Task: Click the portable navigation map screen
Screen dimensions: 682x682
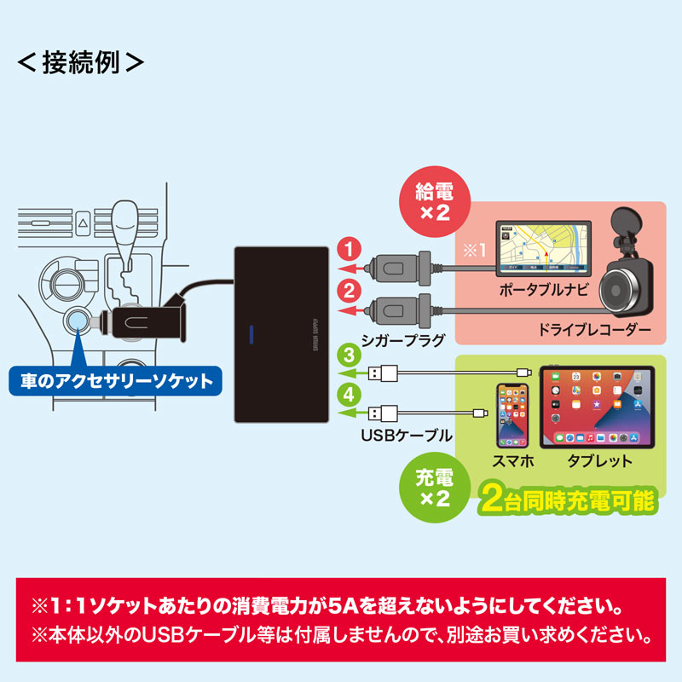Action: coord(541,247)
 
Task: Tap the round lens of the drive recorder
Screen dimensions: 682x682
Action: coord(627,290)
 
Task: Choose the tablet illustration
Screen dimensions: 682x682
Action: coord(599,407)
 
